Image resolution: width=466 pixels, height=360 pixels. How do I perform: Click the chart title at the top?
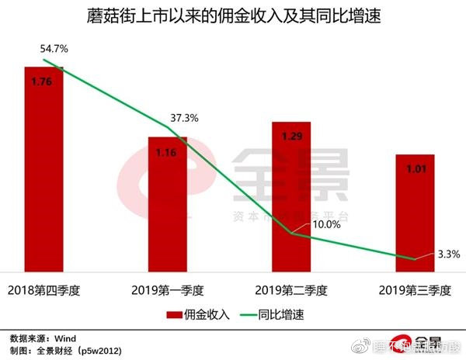[x=234, y=16]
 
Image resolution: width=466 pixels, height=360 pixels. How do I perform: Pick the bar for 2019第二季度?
[x=291, y=198]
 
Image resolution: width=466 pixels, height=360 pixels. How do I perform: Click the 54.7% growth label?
[x=54, y=49]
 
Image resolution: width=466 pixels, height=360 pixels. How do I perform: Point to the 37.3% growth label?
[x=183, y=118]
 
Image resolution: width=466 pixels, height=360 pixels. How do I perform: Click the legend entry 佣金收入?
[x=200, y=316]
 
